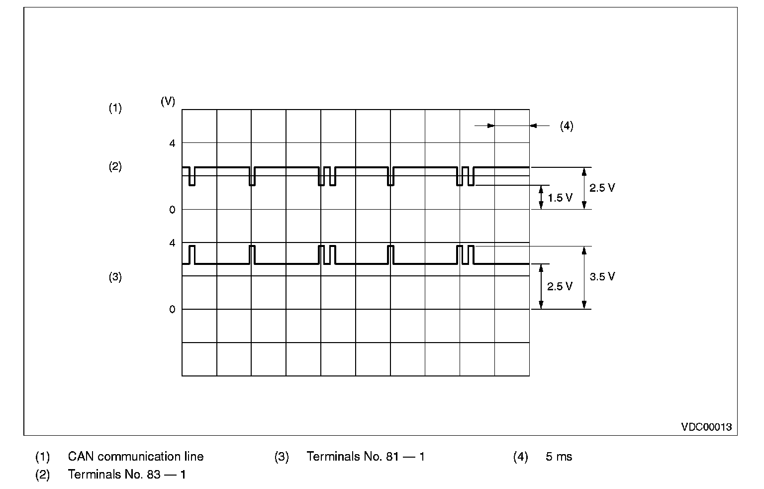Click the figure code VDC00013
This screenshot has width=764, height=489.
(706, 427)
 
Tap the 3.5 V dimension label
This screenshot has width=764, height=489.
(602, 277)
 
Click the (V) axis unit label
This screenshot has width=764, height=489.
(168, 101)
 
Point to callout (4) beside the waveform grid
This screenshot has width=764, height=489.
(567, 126)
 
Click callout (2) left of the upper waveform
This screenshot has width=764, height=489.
(115, 167)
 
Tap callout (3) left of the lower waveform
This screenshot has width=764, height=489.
(115, 277)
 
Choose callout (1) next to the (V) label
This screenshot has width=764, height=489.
(115, 108)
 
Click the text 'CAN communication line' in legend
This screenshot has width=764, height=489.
(136, 457)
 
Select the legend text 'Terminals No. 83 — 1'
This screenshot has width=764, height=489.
(127, 475)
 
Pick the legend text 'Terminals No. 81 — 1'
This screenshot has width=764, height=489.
(366, 457)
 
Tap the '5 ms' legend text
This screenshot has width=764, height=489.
(559, 457)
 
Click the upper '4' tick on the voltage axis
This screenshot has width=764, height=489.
(172, 143)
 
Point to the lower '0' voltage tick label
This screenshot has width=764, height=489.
(172, 310)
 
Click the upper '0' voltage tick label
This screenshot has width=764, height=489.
(172, 210)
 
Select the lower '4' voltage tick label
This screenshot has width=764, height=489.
(172, 243)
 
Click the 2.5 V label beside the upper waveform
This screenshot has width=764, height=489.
(602, 188)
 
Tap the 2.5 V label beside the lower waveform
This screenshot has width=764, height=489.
(560, 287)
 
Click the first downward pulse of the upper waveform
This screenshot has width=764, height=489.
(192, 177)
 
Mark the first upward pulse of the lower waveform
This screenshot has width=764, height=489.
(192, 254)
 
